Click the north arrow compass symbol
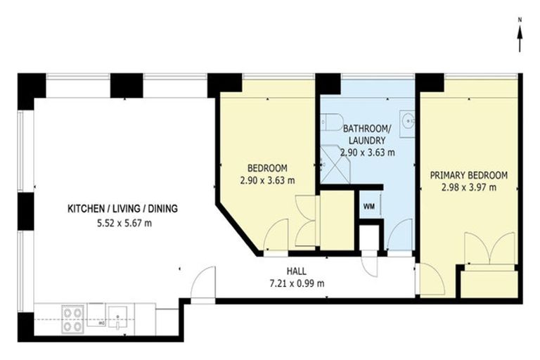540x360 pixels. coord(519,37)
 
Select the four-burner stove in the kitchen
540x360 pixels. coord(72,319)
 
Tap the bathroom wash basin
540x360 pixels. coord(407,124)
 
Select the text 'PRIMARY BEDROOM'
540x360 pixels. coord(468,175)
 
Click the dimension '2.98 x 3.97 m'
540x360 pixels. coord(468,187)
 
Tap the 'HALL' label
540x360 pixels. coord(295,271)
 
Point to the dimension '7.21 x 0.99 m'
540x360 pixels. coord(295,283)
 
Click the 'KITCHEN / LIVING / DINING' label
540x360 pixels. coord(122,209)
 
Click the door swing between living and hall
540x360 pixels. coord(202,284)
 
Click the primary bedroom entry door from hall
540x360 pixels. coord(431,280)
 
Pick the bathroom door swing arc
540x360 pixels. coord(400,235)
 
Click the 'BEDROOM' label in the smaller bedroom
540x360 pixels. coord(267,168)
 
